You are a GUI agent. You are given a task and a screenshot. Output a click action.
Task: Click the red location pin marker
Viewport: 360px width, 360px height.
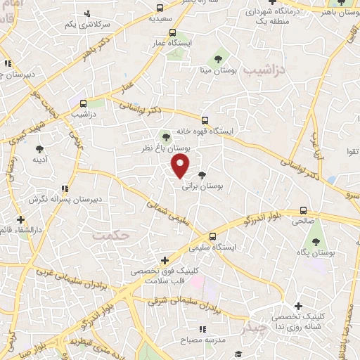[181, 166]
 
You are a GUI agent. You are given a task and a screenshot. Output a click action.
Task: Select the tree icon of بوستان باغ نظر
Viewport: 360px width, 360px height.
[165, 137]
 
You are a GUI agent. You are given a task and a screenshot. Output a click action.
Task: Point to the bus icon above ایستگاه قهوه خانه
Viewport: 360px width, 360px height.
[205, 120]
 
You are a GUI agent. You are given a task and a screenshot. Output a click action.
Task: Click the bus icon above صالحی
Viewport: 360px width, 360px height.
[304, 210]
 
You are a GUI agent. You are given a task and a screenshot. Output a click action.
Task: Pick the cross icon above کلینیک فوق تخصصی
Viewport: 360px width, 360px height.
[165, 260]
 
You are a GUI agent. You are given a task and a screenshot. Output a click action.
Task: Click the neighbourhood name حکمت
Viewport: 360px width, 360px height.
[111, 236]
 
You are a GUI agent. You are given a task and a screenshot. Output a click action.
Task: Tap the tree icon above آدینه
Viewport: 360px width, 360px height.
[39, 148]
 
